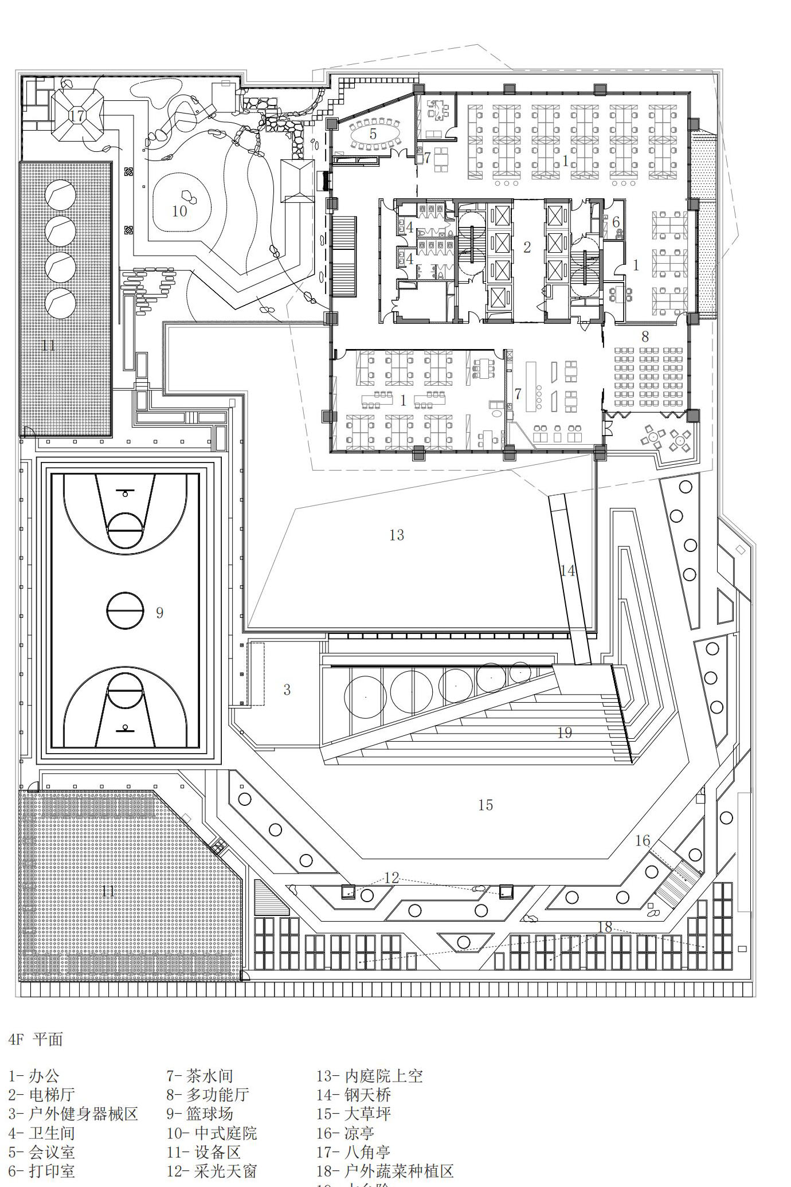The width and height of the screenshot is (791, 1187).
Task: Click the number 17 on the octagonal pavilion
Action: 77,116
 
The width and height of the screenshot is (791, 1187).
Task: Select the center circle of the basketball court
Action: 125,611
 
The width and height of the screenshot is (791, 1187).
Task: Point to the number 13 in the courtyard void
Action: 397,535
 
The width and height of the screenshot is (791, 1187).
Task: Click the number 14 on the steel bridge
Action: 567,570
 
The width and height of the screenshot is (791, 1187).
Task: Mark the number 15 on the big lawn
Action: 485,805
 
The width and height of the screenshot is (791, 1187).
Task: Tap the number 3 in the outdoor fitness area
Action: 287,690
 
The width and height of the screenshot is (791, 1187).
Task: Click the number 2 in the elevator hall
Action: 527,247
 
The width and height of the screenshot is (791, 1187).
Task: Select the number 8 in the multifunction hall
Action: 645,336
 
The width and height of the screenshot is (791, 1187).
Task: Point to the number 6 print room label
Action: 616,222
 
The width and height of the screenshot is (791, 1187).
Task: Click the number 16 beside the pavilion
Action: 643,840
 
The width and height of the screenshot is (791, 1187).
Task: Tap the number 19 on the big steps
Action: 565,732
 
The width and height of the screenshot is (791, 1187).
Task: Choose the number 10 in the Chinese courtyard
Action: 179,211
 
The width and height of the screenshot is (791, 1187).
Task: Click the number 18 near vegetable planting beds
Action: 605,927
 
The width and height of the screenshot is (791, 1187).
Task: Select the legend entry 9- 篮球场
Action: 200,1113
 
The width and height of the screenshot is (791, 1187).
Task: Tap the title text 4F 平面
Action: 36,1039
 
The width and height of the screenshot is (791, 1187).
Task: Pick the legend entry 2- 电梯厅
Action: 41,1094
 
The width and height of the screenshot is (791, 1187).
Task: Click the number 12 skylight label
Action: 391,877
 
